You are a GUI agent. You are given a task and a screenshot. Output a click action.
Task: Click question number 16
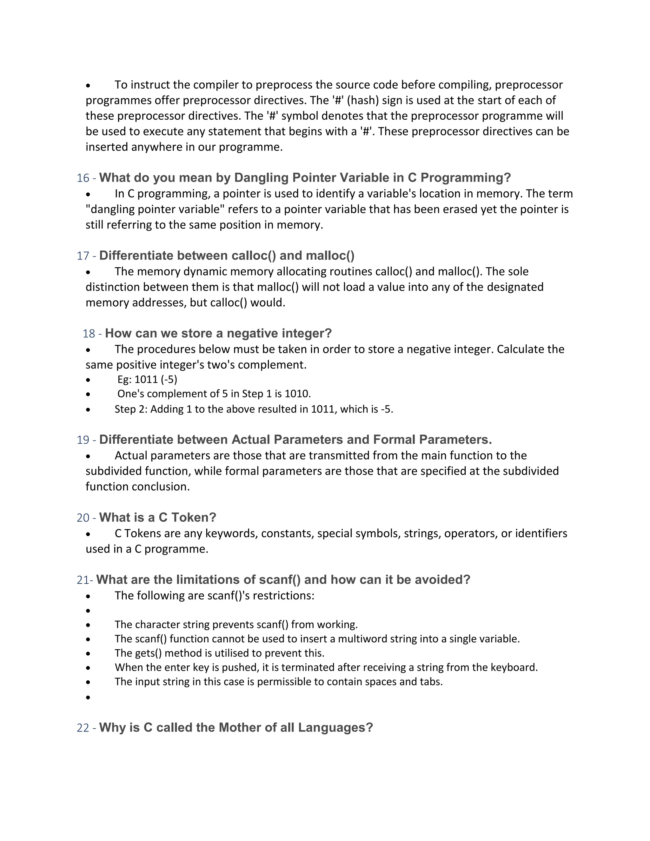83,178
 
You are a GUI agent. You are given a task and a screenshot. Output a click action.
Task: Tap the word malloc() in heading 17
330,256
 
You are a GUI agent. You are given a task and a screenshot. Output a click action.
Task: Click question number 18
89,334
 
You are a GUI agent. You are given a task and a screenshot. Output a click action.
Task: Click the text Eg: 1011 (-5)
147,380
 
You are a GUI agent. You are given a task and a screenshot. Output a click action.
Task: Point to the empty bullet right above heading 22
88,697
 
